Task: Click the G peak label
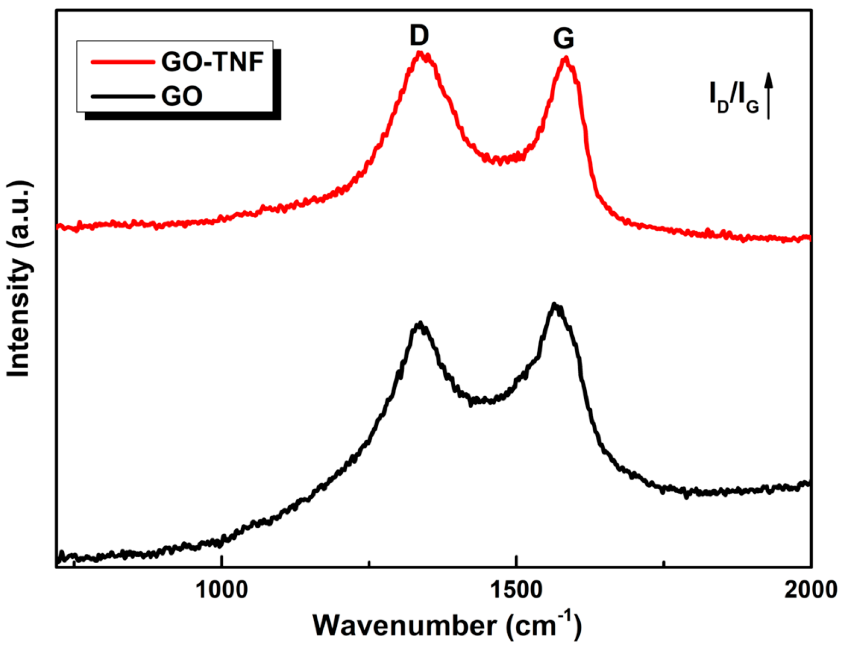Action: (564, 39)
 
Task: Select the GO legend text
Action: (182, 96)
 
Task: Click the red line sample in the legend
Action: (123, 62)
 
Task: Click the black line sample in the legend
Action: (123, 96)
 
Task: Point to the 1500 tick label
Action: (516, 590)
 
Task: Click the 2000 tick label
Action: (811, 590)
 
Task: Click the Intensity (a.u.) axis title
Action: (19, 279)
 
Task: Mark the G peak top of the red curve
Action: (565, 59)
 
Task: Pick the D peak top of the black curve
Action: (419, 324)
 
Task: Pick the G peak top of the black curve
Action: (554, 305)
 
